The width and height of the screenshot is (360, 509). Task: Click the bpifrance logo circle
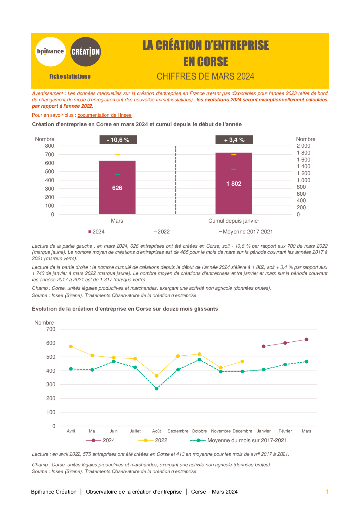pos(51,52)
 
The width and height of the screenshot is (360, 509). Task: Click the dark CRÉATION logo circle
pos(86,52)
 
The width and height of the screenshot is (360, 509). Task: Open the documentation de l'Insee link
pos(105,115)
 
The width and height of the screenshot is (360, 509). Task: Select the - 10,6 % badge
pos(118,140)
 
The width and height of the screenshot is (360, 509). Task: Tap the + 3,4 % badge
pos(234,140)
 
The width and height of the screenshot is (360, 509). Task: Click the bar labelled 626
pos(117,188)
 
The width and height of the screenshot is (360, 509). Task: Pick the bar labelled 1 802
pos(234,183)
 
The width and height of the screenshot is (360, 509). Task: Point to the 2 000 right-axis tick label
pos(303,146)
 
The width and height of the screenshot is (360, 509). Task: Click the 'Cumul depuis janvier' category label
pos(234,221)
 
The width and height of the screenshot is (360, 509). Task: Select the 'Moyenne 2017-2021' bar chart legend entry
pos(246,232)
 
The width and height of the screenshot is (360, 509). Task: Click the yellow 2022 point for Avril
pos(71,347)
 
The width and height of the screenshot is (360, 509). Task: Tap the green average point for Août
pos(157,389)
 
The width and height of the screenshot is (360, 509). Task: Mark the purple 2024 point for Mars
pos(306,340)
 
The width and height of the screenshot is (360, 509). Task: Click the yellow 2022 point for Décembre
pos(242,361)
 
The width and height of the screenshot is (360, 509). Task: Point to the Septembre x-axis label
pos(178,431)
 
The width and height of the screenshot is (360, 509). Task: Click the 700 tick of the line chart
pos(51,329)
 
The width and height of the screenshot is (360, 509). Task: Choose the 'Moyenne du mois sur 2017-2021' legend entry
pos(238,440)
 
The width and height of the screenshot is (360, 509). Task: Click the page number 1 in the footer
pos(327,491)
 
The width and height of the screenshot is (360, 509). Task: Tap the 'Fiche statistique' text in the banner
pos(70,76)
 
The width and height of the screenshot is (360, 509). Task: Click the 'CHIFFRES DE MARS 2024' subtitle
pos(205,76)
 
